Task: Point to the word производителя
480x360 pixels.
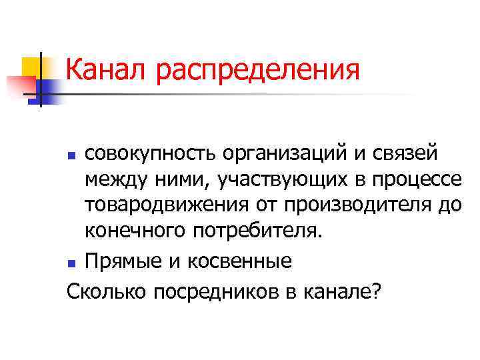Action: pyautogui.click(x=349, y=205)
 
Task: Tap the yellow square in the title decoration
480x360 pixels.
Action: pyautogui.click(x=31, y=67)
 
